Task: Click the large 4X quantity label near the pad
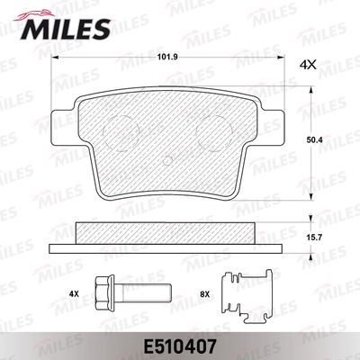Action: tap(308, 65)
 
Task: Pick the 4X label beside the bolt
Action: tap(74, 294)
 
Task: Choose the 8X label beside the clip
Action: tap(204, 294)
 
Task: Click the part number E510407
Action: tap(179, 347)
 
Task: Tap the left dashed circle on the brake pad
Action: tap(121, 133)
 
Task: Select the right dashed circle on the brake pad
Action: tap(214, 133)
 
